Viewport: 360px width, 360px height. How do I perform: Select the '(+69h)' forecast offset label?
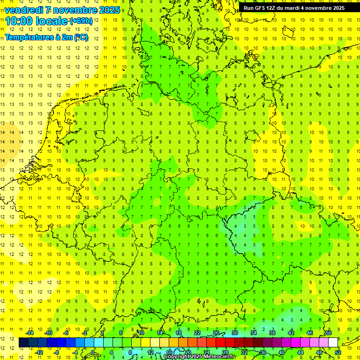point(81,21)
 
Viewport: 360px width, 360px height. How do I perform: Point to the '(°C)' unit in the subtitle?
point(81,37)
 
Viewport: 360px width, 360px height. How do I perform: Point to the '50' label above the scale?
point(329,333)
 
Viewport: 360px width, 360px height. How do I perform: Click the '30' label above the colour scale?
point(235,333)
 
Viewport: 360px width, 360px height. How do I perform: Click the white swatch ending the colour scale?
point(333,343)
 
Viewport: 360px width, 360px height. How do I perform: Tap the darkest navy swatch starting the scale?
point(23,343)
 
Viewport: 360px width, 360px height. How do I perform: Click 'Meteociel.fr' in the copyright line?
point(219,357)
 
